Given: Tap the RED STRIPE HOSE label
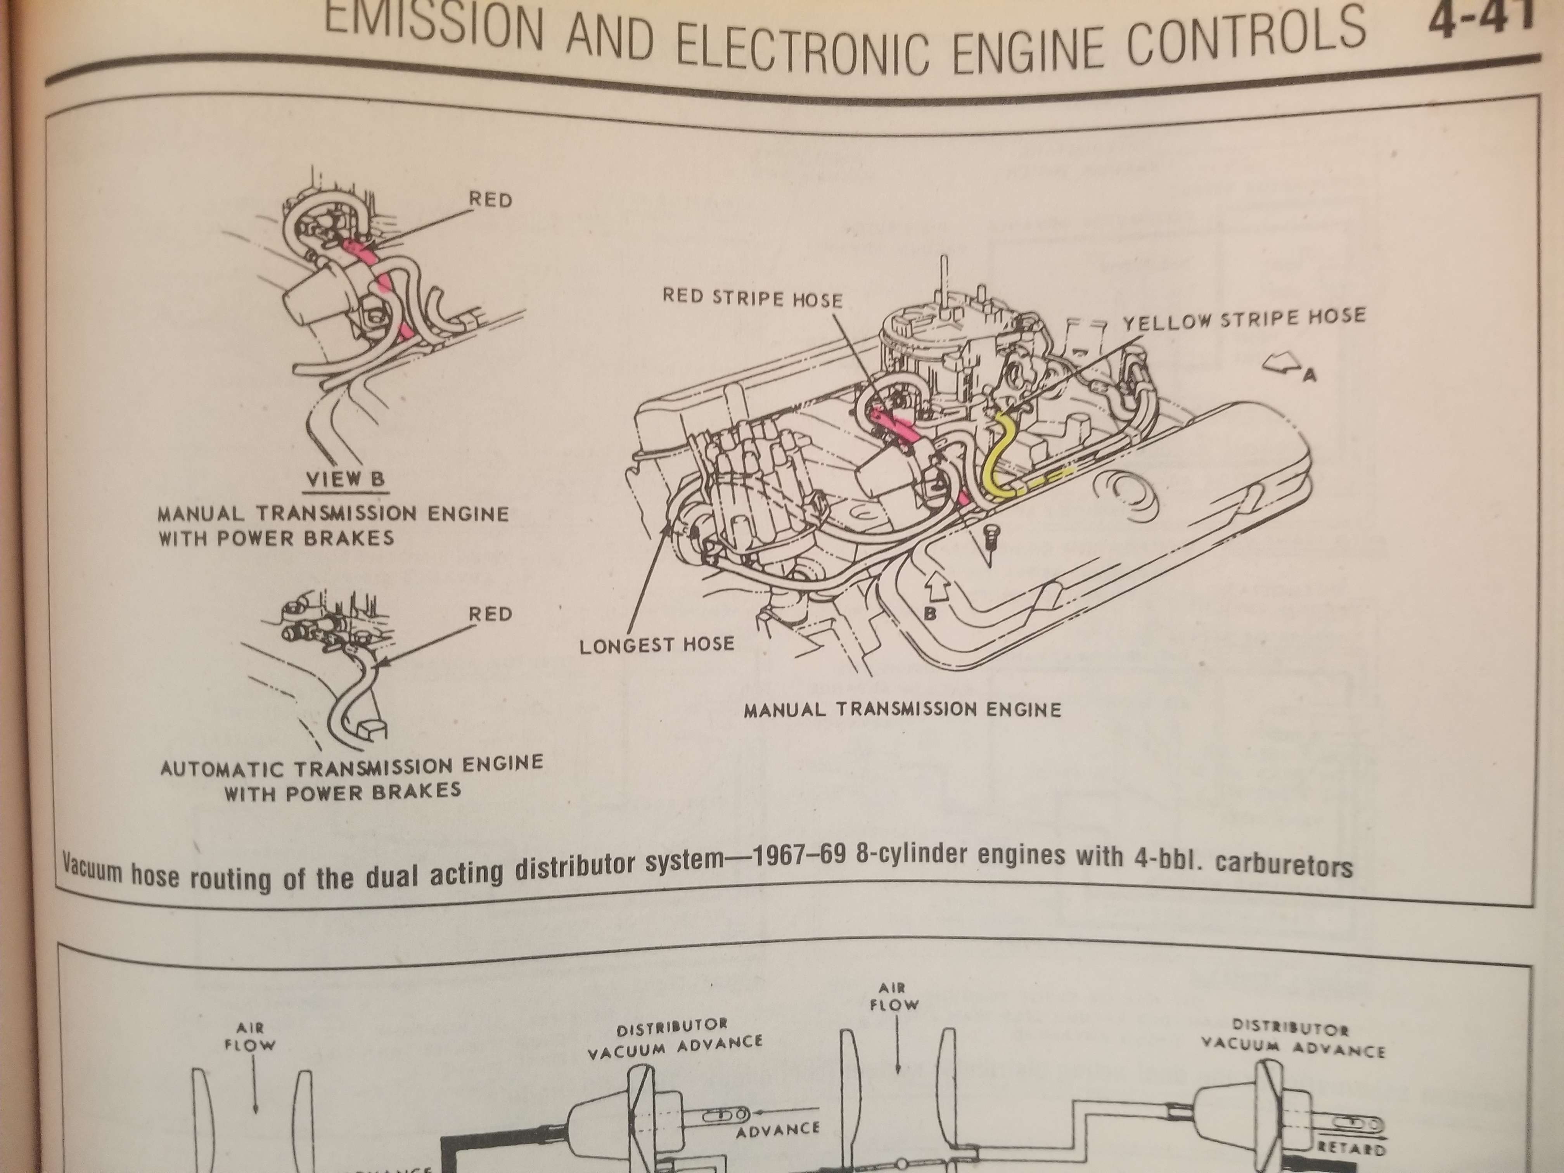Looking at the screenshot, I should pos(752,298).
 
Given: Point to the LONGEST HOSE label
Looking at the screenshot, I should pos(657,645).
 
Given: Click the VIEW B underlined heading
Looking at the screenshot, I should pos(346,479).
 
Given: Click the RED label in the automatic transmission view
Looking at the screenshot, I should pos(490,614).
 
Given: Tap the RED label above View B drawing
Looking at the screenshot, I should pos(490,200).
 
